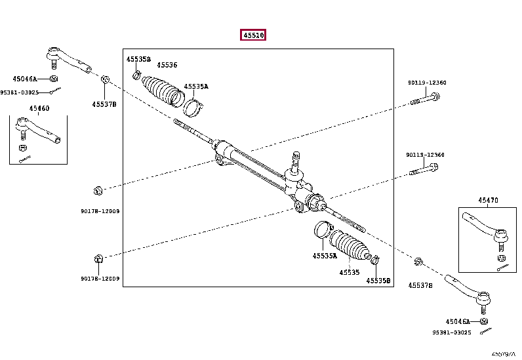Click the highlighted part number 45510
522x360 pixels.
tap(252, 36)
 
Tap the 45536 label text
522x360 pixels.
tap(167, 65)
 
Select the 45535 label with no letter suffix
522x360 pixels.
tap(349, 272)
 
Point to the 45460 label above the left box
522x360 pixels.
tap(39, 108)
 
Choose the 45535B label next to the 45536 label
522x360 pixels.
tap(138, 59)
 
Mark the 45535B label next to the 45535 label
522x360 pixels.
tap(378, 281)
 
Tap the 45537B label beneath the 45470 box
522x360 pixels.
tap(420, 285)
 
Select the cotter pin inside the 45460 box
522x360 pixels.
tap(25, 157)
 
